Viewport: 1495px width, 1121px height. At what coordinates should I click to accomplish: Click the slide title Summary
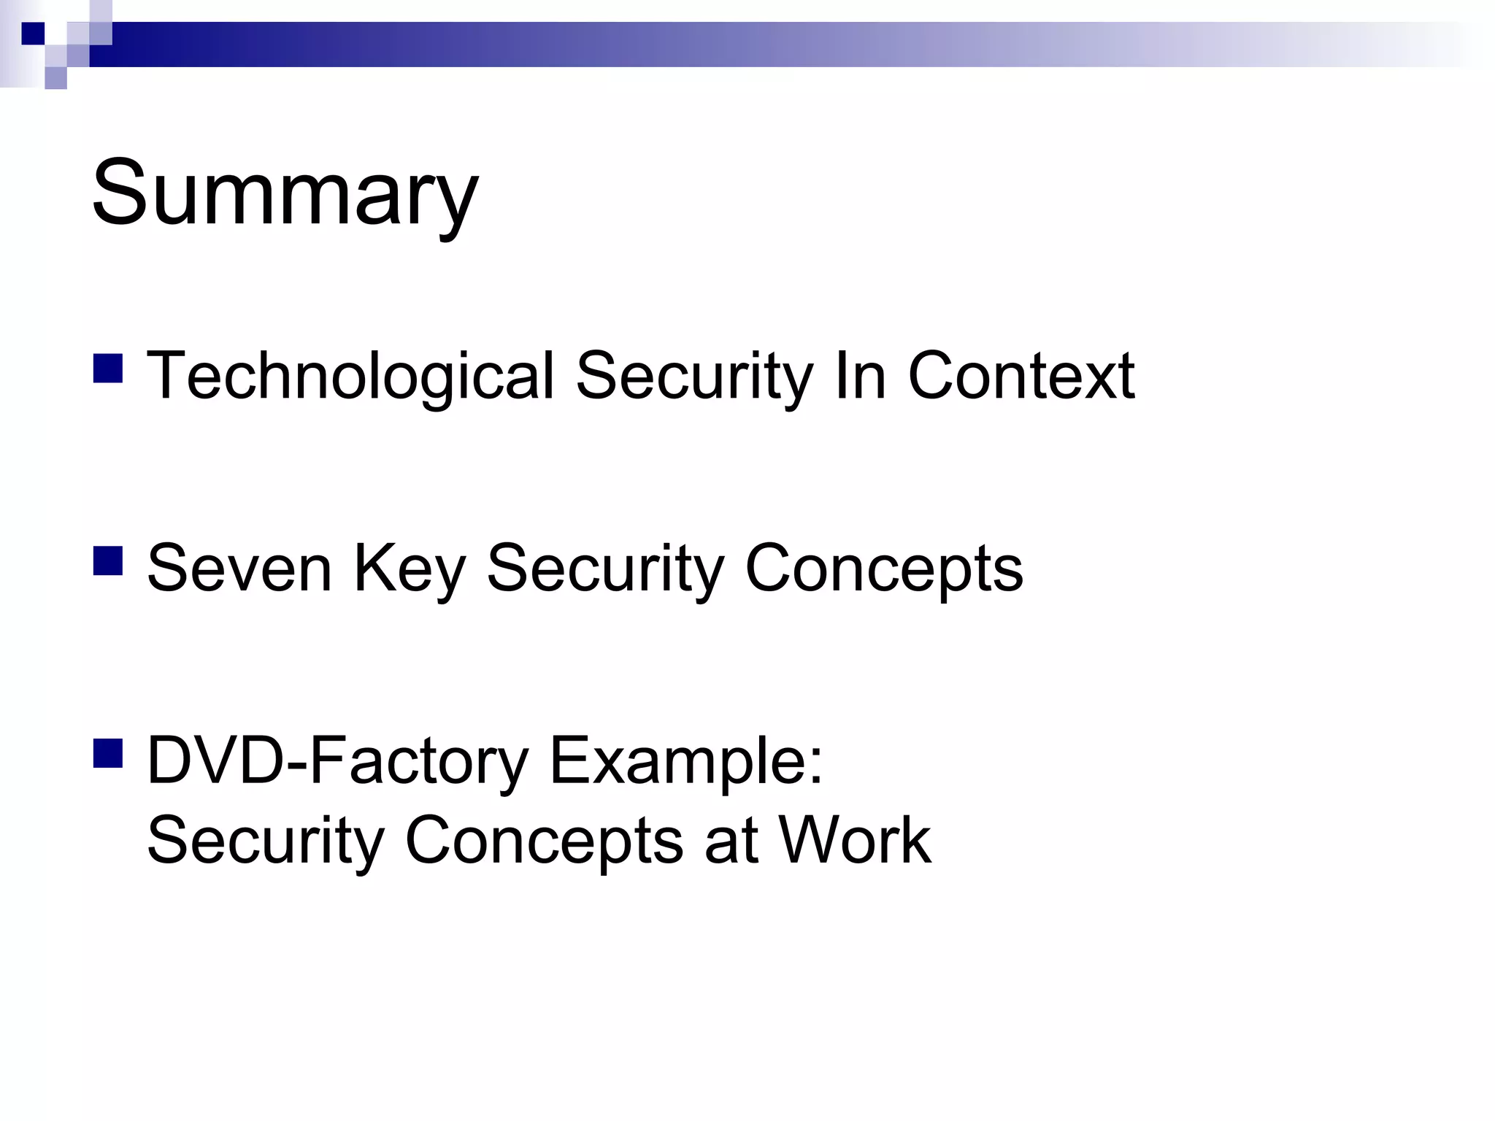point(285,193)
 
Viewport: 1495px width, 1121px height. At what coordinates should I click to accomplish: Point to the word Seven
point(239,569)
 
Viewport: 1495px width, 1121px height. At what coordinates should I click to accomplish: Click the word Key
point(409,570)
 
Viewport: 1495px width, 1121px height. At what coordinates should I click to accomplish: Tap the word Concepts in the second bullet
point(883,570)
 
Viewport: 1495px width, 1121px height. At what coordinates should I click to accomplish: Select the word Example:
point(686,761)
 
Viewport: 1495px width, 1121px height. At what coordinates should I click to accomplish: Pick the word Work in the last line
point(855,840)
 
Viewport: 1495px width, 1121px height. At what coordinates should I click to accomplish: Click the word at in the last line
point(730,840)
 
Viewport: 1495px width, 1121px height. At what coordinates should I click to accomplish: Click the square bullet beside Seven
point(108,561)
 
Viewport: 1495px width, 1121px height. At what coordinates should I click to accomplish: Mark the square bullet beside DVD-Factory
point(108,754)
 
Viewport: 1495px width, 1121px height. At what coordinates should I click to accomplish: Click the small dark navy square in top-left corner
point(33,34)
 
